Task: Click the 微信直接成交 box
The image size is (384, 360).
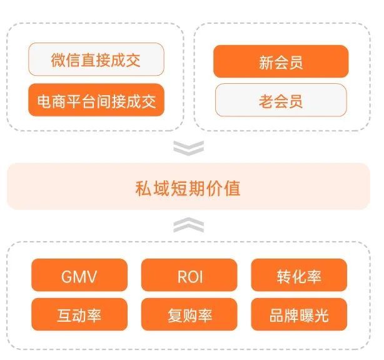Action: (x=96, y=59)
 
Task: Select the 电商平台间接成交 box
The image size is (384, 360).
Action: (x=96, y=100)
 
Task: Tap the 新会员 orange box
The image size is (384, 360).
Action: (x=281, y=61)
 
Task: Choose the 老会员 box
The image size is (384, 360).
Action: (x=281, y=100)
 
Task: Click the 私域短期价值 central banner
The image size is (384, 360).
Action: (x=188, y=187)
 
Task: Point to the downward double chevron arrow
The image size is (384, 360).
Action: (x=189, y=148)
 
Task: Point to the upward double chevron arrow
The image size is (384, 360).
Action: (x=189, y=225)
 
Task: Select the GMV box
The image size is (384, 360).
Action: (x=79, y=275)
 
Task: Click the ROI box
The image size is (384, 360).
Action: (x=189, y=275)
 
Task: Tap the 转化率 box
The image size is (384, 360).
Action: (x=299, y=275)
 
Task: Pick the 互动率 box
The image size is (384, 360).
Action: (x=79, y=314)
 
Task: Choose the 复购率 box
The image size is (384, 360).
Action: (x=189, y=314)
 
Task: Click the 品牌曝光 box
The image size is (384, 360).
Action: (x=299, y=314)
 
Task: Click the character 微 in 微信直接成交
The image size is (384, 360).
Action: (x=58, y=60)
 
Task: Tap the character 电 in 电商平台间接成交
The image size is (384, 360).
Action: (x=44, y=101)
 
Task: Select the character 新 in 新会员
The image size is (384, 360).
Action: (x=266, y=63)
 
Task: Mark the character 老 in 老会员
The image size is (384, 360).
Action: (x=266, y=101)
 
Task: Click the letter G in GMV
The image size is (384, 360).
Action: (x=67, y=277)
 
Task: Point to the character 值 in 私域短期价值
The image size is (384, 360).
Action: (x=233, y=188)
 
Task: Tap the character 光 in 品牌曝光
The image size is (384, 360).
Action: (x=321, y=316)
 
